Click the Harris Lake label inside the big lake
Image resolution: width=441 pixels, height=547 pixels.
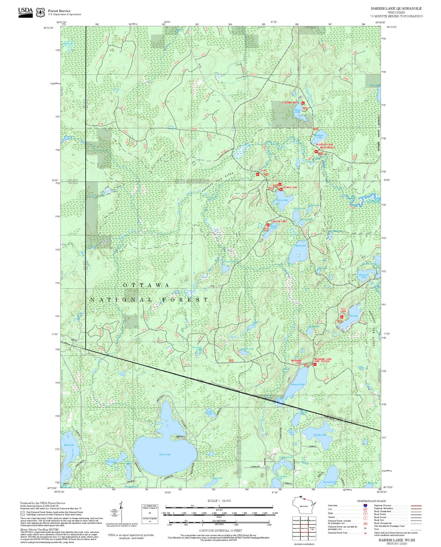pos(165,454)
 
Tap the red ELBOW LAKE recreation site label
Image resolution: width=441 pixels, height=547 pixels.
pos(290,103)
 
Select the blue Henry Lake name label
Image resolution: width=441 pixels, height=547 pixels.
pos(282,200)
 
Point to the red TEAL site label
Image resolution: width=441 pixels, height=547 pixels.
pos(263,171)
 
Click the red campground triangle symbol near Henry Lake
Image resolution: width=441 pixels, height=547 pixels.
pos(280,185)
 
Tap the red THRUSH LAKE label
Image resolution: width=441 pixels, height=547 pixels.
pos(279,221)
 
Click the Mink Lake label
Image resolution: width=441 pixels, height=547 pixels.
pos(300,246)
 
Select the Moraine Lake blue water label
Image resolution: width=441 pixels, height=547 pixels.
pos(297,384)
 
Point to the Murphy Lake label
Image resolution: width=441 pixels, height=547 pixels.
pos(320,435)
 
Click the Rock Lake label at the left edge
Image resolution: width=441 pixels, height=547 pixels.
pos(69,445)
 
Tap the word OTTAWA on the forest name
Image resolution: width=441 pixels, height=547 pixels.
pos(146,285)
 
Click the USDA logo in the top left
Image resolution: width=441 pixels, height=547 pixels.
pos(25,12)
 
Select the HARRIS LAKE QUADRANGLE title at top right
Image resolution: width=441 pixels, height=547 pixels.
pos(396,9)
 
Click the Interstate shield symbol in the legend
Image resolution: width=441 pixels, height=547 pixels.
pos(365,505)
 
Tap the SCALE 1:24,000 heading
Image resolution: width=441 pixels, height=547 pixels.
pos(219,501)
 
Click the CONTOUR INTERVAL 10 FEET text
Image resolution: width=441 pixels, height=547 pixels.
pos(220,531)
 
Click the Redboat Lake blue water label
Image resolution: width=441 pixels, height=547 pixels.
pos(319,136)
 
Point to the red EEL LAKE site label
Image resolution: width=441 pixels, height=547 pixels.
pos(343,310)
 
